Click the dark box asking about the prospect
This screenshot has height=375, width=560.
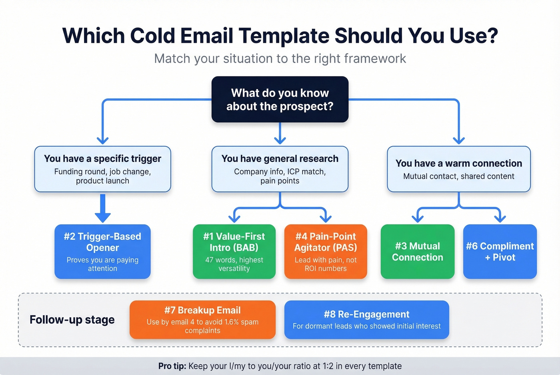[280, 99]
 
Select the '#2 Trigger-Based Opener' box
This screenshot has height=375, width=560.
[102, 251]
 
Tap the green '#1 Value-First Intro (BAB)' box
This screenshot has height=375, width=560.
[234, 251]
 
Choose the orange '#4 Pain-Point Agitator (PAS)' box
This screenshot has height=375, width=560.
[326, 251]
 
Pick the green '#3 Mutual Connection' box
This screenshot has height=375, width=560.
[417, 251]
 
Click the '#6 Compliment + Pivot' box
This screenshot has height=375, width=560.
[500, 251]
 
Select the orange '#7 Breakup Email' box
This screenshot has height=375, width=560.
[202, 319]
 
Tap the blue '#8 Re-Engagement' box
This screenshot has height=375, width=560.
[366, 319]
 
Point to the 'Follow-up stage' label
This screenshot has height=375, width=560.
[72, 320]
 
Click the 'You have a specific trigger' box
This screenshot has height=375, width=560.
[102, 169]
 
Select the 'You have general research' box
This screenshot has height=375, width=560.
[280, 169]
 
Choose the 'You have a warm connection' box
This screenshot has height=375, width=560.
[458, 169]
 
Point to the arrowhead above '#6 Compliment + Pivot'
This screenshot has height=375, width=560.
[500, 218]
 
